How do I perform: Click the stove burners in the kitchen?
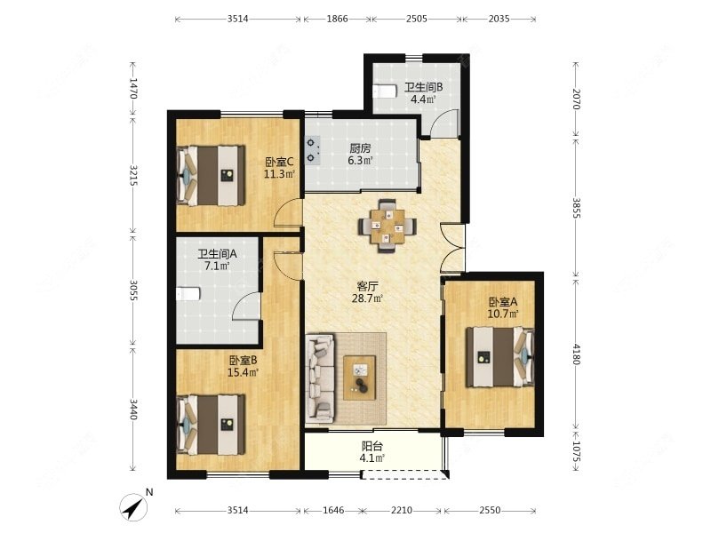coord(312,150)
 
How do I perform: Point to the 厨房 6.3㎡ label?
coord(361,154)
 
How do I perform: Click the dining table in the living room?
coord(387,226)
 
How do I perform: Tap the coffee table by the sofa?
coord(360,378)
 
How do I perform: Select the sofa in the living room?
coord(321,378)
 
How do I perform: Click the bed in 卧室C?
coord(212,175)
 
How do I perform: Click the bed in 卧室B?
coord(212,425)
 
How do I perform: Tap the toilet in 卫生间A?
coord(188,294)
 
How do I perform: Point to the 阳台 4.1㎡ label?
coord(372,452)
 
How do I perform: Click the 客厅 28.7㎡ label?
coord(368,292)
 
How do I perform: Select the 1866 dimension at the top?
coord(337,19)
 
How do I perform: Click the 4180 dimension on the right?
coord(576,354)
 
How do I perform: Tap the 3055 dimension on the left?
coord(133,290)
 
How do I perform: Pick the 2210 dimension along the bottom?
coord(402,510)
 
